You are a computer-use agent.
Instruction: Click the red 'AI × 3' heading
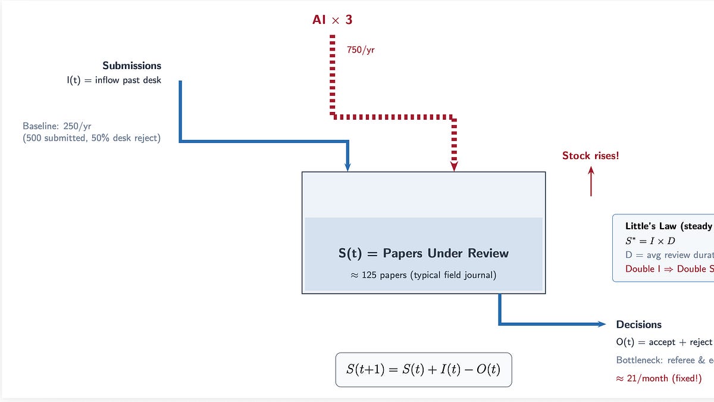click(x=333, y=20)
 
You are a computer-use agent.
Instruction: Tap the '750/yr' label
click(x=361, y=50)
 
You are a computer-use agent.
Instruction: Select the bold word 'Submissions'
click(x=131, y=66)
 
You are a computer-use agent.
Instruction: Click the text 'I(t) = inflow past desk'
click(x=114, y=80)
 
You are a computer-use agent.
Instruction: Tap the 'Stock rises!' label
click(x=590, y=155)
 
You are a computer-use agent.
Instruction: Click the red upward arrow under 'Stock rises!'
click(x=591, y=181)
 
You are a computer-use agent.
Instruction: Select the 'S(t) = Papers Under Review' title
click(x=423, y=253)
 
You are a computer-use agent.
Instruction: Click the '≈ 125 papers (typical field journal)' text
click(x=423, y=276)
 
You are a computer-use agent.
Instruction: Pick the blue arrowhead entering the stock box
click(x=347, y=167)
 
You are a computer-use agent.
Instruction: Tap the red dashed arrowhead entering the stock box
click(x=454, y=167)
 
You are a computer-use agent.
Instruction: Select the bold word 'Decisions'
click(x=638, y=325)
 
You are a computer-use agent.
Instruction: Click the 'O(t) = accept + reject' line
click(x=664, y=342)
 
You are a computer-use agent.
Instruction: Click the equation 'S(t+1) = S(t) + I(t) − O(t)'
click(x=423, y=369)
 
